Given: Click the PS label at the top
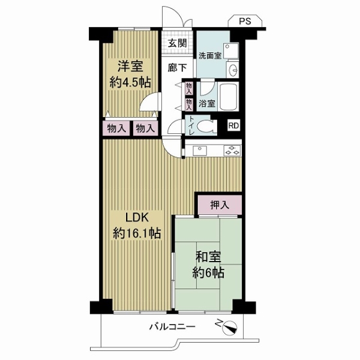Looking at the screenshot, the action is (x=245, y=22).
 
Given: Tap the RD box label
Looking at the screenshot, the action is (x=234, y=125).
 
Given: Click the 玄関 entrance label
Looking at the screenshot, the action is (x=177, y=43).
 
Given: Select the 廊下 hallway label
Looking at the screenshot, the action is (x=177, y=68).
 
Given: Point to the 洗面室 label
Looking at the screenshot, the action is (x=210, y=56).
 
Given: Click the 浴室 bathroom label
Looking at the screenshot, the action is (x=207, y=104).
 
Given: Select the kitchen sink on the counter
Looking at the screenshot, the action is (x=200, y=151).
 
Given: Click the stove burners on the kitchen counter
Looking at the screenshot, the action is (x=232, y=150).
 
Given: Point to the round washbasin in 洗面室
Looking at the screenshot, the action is (x=233, y=69).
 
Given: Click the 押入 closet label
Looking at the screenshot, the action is (x=220, y=205).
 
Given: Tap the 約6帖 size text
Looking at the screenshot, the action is (x=208, y=273).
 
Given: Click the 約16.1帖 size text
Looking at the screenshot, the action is (x=137, y=234).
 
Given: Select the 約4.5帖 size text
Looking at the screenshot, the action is (x=130, y=82).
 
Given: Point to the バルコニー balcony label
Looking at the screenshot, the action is (x=172, y=326).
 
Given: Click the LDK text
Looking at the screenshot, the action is (x=137, y=218).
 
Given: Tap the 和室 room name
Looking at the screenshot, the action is (x=208, y=257).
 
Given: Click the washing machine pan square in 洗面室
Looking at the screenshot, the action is (x=231, y=50).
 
